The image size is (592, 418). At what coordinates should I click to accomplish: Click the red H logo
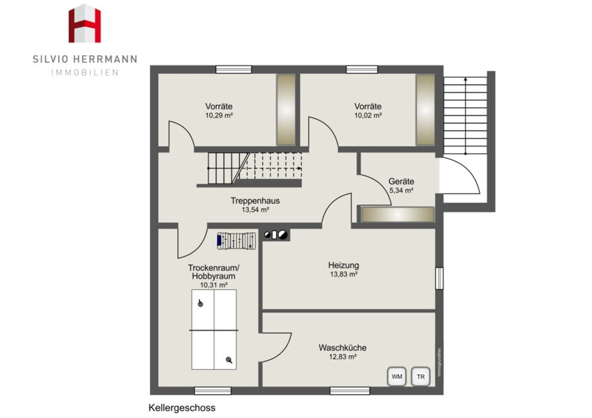(x=84, y=24)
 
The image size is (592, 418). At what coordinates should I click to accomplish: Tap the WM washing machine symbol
(x=397, y=376)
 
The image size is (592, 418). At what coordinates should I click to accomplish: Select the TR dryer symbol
(x=420, y=376)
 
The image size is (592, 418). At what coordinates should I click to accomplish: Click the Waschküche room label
(x=342, y=348)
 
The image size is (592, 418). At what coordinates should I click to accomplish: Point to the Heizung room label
(x=344, y=265)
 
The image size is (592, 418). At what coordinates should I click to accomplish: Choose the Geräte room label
(x=402, y=181)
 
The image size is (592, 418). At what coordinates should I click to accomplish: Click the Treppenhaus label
(x=255, y=201)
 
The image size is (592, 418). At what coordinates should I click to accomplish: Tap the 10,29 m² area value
(x=219, y=116)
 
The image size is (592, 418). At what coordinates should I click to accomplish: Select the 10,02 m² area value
(x=368, y=116)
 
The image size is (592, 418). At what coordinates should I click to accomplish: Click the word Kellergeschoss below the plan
(x=182, y=408)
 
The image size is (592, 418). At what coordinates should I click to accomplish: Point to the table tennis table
(x=214, y=330)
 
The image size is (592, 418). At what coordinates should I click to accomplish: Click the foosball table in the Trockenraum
(x=236, y=240)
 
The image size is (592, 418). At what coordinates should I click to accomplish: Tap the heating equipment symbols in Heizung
(x=275, y=235)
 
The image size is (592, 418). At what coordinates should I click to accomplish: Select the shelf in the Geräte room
(x=397, y=215)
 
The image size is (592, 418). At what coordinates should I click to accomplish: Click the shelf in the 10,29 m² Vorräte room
(x=286, y=110)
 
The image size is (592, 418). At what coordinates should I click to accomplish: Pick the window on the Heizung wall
(x=439, y=279)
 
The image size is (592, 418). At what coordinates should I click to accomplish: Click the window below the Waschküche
(x=349, y=391)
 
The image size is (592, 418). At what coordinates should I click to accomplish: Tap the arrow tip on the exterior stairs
(x=466, y=79)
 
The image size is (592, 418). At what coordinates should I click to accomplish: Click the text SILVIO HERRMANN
(x=85, y=59)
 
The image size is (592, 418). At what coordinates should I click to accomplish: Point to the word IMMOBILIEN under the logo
(x=85, y=72)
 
